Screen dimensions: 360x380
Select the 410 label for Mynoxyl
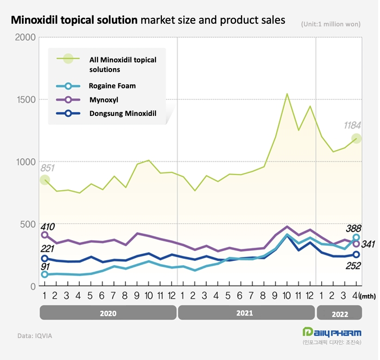47,227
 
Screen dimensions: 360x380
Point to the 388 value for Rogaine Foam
353,228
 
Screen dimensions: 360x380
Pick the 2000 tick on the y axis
25,37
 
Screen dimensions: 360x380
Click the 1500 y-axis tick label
25,100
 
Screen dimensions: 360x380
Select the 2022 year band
339,313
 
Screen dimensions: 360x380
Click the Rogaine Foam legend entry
112,86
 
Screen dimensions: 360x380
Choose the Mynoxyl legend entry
104,100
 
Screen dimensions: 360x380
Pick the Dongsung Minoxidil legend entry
123,113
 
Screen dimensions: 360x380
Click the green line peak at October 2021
287,94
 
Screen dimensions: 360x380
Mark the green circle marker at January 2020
44,180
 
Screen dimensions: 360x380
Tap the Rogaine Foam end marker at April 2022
356,238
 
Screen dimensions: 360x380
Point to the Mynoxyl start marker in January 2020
44,235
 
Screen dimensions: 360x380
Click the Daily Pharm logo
332,332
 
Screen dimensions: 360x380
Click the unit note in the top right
330,25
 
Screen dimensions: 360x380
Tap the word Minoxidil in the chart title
39,20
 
